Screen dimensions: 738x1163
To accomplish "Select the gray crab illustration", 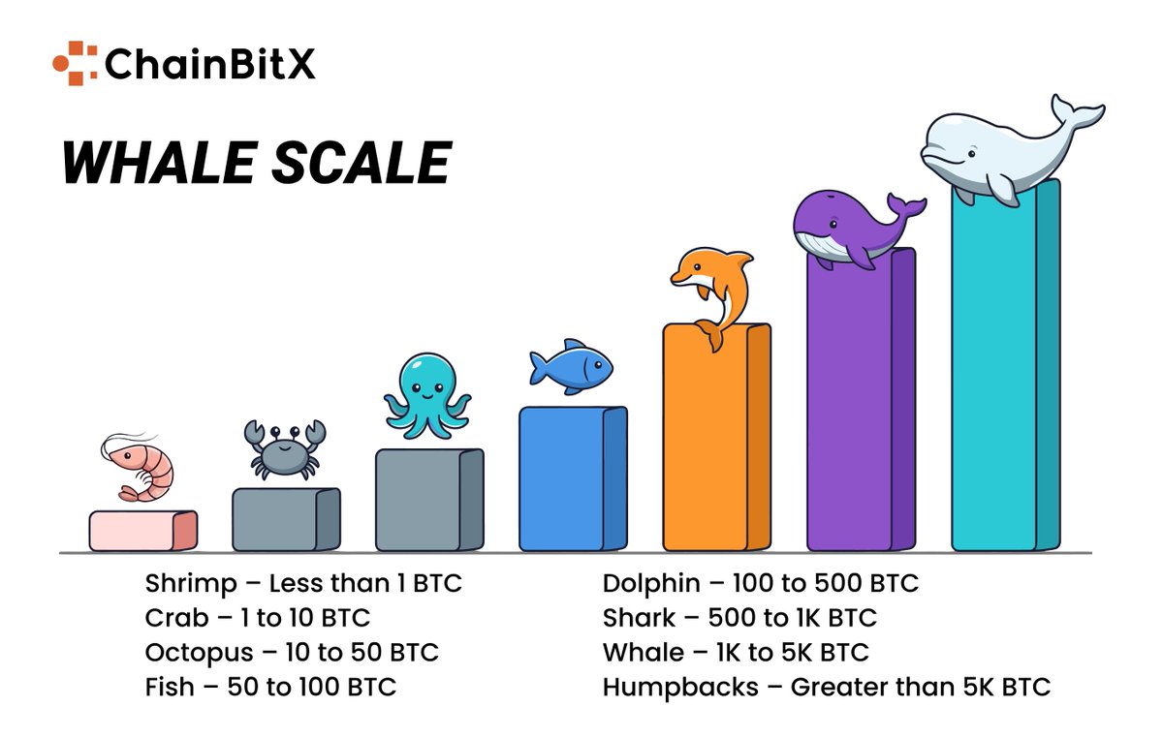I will (285, 449).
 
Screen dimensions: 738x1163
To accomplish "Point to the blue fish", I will (571, 366).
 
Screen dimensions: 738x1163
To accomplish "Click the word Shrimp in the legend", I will (191, 585).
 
